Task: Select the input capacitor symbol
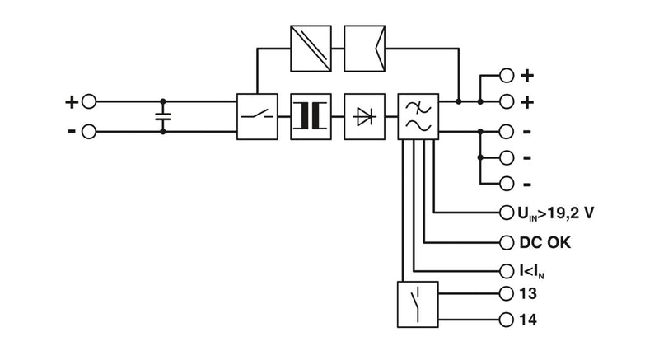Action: click(163, 117)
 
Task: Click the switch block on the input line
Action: click(257, 117)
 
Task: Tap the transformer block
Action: click(311, 117)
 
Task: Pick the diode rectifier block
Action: click(365, 117)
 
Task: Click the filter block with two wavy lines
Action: click(418, 117)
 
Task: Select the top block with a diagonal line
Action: click(311, 49)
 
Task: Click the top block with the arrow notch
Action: click(365, 49)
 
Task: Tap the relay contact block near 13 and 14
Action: click(418, 305)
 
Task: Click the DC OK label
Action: click(545, 242)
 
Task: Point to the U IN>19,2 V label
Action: click(555, 213)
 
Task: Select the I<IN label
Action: click(532, 271)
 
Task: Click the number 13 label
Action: click(528, 293)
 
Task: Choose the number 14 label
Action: click(528, 320)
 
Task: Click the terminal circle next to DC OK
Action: click(507, 242)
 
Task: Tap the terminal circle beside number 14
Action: click(507, 320)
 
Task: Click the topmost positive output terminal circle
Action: click(507, 76)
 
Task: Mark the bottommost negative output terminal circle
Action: click(507, 184)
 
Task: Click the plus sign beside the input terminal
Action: click(72, 101)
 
